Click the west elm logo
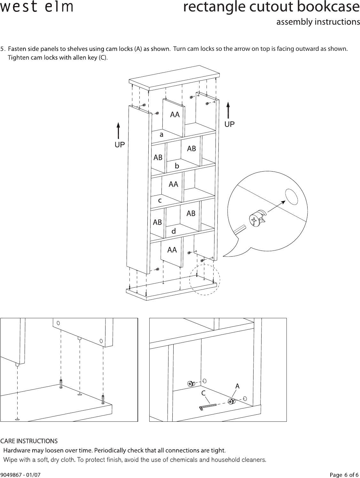tap(36, 7)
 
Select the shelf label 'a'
tap(161, 135)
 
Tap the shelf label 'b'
tap(177, 166)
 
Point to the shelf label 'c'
tap(160, 200)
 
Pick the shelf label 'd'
tap(174, 231)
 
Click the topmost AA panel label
tap(175, 114)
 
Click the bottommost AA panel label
tap(172, 250)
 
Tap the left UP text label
tap(120, 145)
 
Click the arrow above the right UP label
tap(228, 110)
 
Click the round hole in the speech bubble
tap(291, 196)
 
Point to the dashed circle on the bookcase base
tap(205, 280)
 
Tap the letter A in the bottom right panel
tap(237, 386)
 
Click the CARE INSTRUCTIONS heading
tap(29, 441)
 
